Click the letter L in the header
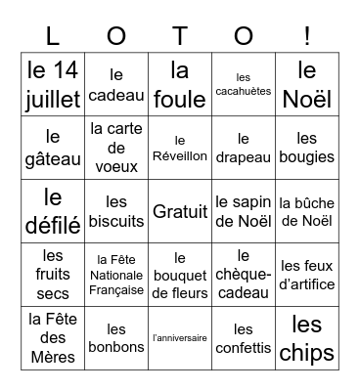pyautogui.click(x=53, y=35)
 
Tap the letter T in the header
pyautogui.click(x=180, y=35)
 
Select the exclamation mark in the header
pyautogui.click(x=307, y=35)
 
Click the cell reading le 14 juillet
pyautogui.click(x=53, y=84)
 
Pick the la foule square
pyautogui.click(x=180, y=84)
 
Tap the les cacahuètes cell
pyautogui.click(x=244, y=84)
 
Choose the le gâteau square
pyautogui.click(x=53, y=148)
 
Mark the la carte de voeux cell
pyautogui.click(x=116, y=148)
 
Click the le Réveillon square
pyautogui.click(x=180, y=148)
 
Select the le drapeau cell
pyautogui.click(x=244, y=148)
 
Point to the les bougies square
pyautogui.click(x=307, y=148)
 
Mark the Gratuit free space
pyautogui.click(x=180, y=211)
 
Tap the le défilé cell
pyautogui.click(x=53, y=211)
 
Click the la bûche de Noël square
pyautogui.click(x=307, y=211)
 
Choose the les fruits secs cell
pyautogui.click(x=53, y=275)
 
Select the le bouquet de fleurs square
pyautogui.click(x=180, y=275)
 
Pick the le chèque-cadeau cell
pyautogui.click(x=244, y=275)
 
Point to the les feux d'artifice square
pyautogui.click(x=307, y=275)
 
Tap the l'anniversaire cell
pyautogui.click(x=180, y=338)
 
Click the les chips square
pyautogui.click(x=307, y=338)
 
